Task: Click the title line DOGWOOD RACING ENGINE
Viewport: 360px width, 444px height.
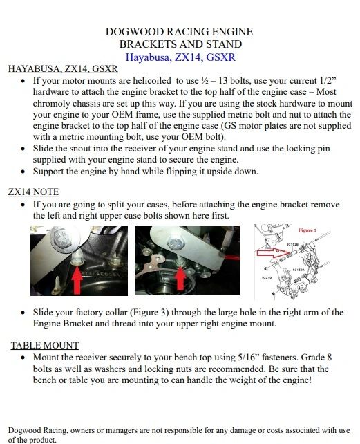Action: [x=179, y=31]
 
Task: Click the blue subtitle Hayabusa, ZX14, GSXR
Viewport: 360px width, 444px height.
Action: [x=180, y=57]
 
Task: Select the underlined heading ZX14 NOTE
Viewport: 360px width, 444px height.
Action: [x=33, y=192]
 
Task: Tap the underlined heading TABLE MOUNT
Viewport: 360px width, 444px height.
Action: [x=45, y=346]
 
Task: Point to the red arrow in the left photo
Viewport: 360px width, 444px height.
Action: [x=77, y=279]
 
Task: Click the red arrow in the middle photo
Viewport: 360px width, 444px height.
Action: [x=180, y=279]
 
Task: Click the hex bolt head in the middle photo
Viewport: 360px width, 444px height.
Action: [x=176, y=243]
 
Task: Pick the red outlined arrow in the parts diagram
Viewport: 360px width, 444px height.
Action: [x=272, y=252]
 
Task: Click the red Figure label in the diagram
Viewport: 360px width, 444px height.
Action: [x=307, y=230]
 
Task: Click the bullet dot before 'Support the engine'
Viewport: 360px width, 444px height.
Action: [x=23, y=172]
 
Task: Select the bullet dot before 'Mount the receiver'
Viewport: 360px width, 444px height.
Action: [x=23, y=358]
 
